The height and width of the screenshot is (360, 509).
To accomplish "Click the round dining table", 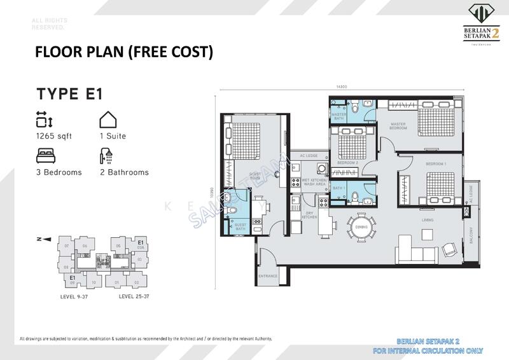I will click(x=361, y=227).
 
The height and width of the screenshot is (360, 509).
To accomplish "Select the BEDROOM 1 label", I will click(x=436, y=165).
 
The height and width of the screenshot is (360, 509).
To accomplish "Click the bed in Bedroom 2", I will click(x=350, y=146).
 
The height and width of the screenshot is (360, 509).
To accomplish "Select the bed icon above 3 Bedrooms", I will click(x=45, y=155).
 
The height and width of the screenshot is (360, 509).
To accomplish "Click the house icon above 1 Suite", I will click(x=107, y=120).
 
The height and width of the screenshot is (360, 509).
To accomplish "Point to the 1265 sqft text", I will click(x=55, y=136).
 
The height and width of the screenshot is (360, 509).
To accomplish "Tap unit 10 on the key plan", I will click(x=94, y=282).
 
